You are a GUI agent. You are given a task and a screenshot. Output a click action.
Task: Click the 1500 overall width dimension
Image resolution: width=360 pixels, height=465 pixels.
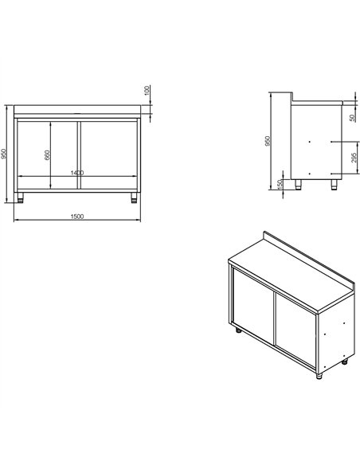78,217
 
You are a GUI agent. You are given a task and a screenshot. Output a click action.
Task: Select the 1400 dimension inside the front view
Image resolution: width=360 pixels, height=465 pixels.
78,173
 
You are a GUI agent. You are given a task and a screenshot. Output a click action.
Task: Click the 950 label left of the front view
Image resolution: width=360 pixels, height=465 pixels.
5,154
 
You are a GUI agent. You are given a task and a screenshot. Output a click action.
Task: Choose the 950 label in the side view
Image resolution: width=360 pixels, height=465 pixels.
268,141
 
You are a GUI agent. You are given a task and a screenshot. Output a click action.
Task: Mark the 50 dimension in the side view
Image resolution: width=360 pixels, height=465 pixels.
353,117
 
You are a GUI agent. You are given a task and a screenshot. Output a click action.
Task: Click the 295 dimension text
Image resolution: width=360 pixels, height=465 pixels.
353,162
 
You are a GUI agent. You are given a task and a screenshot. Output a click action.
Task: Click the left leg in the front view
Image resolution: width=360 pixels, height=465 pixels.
22,196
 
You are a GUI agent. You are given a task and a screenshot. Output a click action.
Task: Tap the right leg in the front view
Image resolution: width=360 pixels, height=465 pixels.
135,196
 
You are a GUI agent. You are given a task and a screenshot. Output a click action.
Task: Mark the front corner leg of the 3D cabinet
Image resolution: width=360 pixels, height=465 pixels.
320,376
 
